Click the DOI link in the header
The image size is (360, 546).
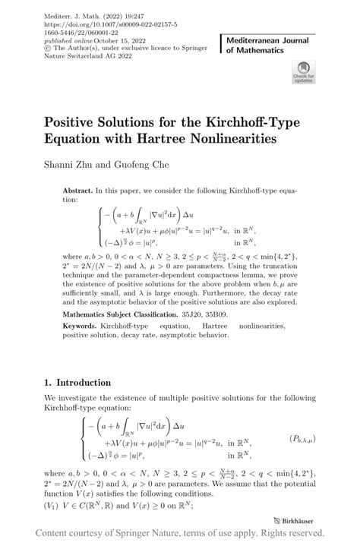pyautogui.click(x=98, y=14)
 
